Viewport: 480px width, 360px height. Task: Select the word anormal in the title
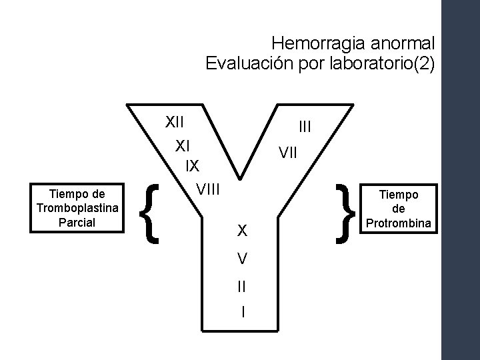pyautogui.click(x=406, y=45)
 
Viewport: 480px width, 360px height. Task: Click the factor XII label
pyautogui.click(x=175, y=122)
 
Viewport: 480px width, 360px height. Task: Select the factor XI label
pyautogui.click(x=182, y=144)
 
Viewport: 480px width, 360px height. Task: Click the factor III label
pyautogui.click(x=305, y=126)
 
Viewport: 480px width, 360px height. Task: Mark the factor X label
pyautogui.click(x=242, y=231)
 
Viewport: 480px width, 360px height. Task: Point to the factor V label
pyautogui.click(x=242, y=259)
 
